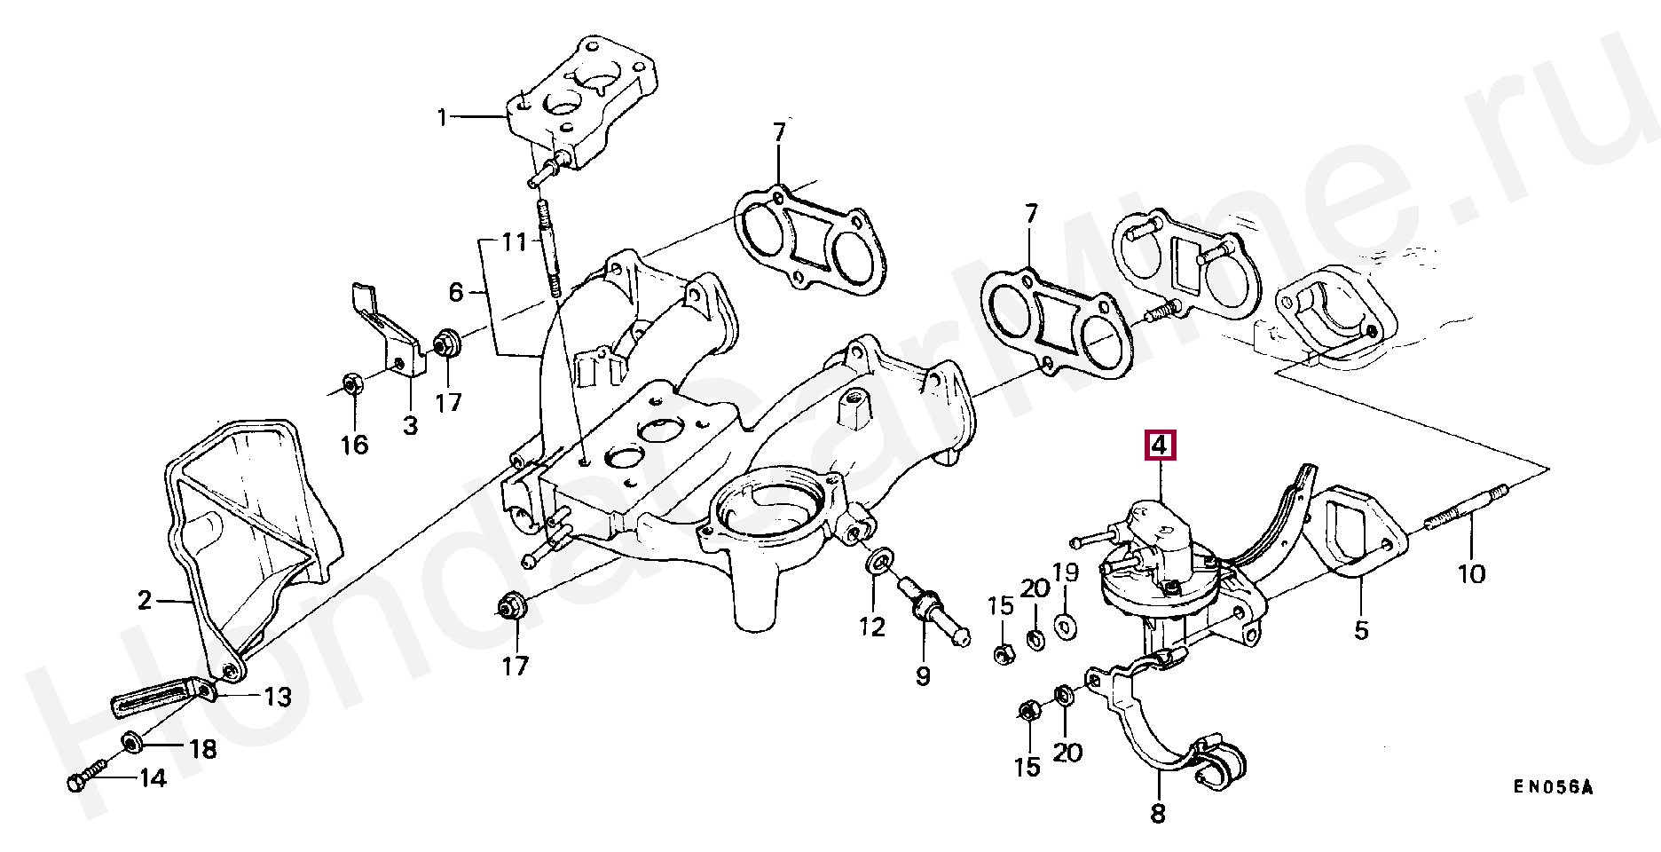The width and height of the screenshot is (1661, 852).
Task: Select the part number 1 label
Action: click(443, 116)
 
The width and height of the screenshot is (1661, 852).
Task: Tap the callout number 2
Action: click(145, 602)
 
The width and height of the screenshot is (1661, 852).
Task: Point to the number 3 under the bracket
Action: click(409, 426)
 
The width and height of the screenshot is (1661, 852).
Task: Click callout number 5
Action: click(1361, 630)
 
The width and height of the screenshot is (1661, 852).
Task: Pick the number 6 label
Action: click(455, 292)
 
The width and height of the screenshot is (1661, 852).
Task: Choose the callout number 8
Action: click(1159, 813)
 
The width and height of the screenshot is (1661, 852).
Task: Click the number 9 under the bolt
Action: click(923, 676)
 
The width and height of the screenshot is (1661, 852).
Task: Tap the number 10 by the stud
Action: click(1471, 574)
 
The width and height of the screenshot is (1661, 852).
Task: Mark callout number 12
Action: click(871, 627)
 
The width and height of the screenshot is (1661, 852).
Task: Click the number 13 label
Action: click(278, 698)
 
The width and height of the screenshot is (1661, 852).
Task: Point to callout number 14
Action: click(152, 779)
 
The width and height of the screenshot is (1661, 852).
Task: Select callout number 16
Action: click(354, 444)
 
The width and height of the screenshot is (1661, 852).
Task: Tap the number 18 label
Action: click(202, 750)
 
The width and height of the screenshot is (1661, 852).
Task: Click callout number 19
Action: click(1066, 572)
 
